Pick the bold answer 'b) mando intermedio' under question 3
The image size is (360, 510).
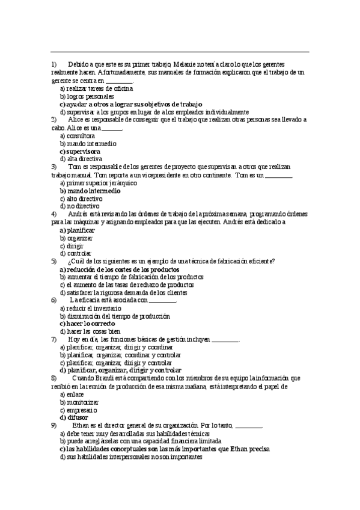coord(90,191)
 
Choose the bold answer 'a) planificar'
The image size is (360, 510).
coord(77,230)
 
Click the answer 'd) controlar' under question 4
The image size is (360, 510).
coord(75,253)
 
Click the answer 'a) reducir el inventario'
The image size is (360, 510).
coord(85,308)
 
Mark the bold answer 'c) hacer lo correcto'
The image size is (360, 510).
coord(88,324)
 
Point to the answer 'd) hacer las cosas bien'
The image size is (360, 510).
coord(90,331)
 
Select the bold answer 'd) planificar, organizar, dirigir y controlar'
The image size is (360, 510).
coord(120,370)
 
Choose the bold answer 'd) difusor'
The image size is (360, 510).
coord(74,417)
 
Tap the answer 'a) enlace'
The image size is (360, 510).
coord(72,394)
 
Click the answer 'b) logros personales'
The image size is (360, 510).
coord(87,96)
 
